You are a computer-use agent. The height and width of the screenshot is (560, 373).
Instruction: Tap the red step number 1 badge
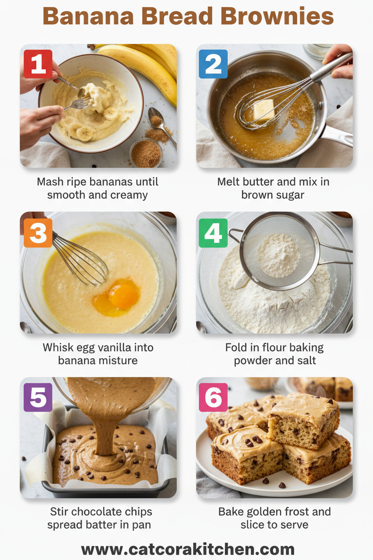(38, 64)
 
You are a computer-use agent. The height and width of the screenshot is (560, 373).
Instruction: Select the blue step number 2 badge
(213, 64)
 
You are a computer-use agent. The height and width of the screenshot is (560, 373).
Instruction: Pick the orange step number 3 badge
(38, 233)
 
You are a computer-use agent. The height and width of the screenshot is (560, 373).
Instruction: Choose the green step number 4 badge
(213, 233)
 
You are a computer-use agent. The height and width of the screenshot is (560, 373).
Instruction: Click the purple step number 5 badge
(38, 397)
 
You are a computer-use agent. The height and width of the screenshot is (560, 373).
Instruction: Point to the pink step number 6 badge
(213, 397)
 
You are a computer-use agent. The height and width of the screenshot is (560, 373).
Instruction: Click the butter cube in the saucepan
(264, 109)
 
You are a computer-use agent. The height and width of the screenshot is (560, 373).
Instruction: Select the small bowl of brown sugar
(146, 153)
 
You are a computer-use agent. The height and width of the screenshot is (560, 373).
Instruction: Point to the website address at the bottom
(187, 549)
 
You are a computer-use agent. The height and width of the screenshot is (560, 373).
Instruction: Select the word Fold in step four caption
(236, 348)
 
